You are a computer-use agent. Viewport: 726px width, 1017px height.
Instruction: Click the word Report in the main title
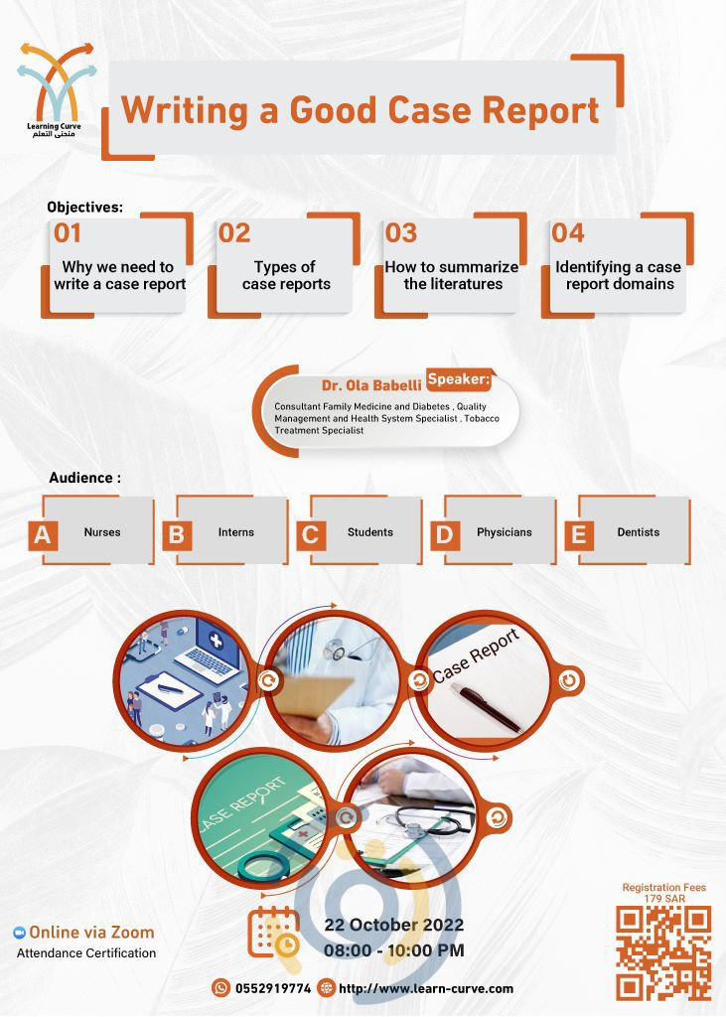click(x=540, y=109)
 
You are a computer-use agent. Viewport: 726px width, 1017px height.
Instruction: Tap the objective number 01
click(x=68, y=233)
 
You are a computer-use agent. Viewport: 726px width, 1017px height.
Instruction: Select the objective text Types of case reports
click(x=285, y=275)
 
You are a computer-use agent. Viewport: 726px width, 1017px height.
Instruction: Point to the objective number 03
click(x=400, y=233)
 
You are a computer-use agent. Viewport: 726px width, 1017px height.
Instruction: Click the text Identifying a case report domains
click(x=619, y=275)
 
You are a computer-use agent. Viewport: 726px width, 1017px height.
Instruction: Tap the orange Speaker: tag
click(x=459, y=378)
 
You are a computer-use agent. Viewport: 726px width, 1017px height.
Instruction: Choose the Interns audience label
click(x=235, y=532)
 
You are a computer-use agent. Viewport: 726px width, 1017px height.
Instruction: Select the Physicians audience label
click(x=504, y=532)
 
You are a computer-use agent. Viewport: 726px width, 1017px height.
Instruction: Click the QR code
click(x=663, y=951)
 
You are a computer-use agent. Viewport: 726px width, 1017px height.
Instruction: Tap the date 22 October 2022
click(x=394, y=926)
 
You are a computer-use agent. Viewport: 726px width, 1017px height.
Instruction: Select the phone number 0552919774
click(x=272, y=988)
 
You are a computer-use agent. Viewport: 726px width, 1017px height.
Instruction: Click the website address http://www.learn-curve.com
click(x=426, y=988)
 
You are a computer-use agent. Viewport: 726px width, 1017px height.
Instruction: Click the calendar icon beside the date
click(x=273, y=933)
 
